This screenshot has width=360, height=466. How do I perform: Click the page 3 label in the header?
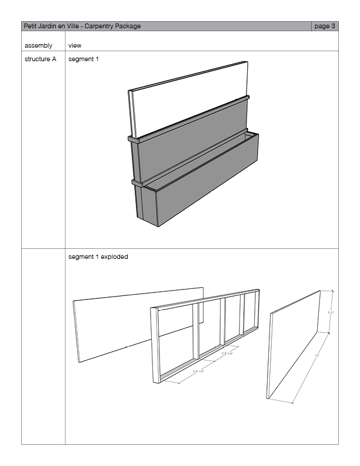coord(325,26)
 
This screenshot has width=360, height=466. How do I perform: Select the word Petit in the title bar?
coord(30,26)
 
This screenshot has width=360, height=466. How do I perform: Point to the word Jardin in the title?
coord(49,26)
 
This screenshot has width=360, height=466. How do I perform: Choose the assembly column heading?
coord(38,45)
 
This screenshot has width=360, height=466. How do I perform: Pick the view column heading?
coord(75,45)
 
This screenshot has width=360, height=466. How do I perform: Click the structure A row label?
coord(41,59)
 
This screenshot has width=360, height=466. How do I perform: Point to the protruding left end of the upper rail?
coord(132,140)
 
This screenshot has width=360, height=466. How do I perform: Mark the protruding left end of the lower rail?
coord(136,183)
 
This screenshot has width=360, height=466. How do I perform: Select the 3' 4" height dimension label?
coord(331,312)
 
